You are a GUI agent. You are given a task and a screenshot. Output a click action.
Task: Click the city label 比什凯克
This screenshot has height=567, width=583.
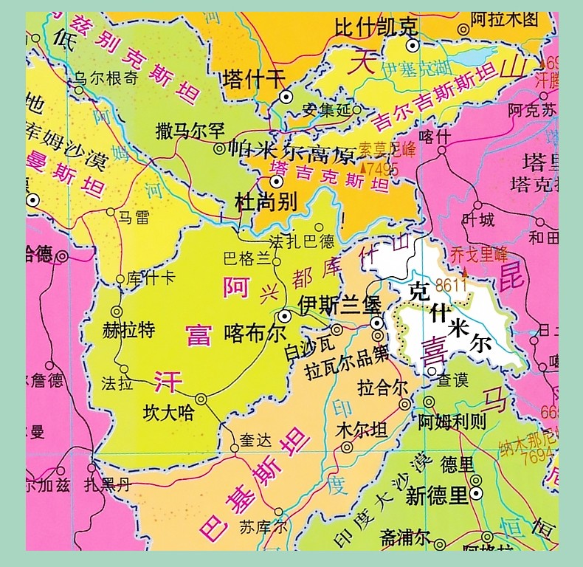tap(376, 28)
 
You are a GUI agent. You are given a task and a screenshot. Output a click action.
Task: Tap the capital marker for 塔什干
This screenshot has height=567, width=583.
tap(286, 96)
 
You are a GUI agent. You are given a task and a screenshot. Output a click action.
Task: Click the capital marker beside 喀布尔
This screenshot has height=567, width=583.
tap(285, 315)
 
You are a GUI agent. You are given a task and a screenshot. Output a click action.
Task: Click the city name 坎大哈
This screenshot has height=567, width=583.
tap(169, 413)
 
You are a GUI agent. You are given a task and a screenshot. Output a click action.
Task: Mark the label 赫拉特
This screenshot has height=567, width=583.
tap(130, 330)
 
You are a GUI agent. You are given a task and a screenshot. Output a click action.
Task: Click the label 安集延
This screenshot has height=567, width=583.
tap(327, 111)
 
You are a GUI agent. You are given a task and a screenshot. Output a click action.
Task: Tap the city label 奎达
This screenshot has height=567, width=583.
tap(256, 441)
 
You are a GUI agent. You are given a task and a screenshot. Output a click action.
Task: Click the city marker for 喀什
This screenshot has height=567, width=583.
tap(442, 151)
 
